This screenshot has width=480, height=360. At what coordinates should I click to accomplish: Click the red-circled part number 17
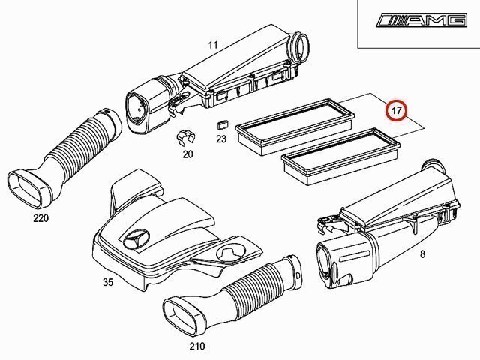[x=397, y=110]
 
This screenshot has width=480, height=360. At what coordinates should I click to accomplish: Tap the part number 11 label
[x=213, y=45]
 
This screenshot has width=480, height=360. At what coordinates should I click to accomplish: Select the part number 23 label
[x=221, y=139]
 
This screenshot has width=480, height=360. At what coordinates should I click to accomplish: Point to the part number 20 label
[x=188, y=154]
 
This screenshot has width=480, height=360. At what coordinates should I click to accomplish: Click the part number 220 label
[x=41, y=218]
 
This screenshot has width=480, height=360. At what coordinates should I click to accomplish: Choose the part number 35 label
[x=108, y=282]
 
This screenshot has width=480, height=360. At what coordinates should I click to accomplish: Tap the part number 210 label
[x=196, y=346]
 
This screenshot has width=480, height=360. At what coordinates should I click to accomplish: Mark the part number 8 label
[x=423, y=253]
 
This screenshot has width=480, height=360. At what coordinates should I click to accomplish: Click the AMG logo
[x=421, y=20]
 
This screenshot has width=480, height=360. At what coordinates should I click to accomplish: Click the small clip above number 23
[x=223, y=124]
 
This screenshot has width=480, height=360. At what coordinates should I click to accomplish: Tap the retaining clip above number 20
[x=186, y=138]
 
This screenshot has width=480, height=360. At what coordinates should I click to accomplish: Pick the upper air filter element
[x=295, y=126]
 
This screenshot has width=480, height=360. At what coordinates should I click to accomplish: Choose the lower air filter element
[x=341, y=156]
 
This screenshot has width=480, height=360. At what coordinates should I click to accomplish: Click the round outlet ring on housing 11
[x=299, y=46]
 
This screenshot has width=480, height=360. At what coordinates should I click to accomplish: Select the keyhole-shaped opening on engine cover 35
[x=230, y=253]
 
